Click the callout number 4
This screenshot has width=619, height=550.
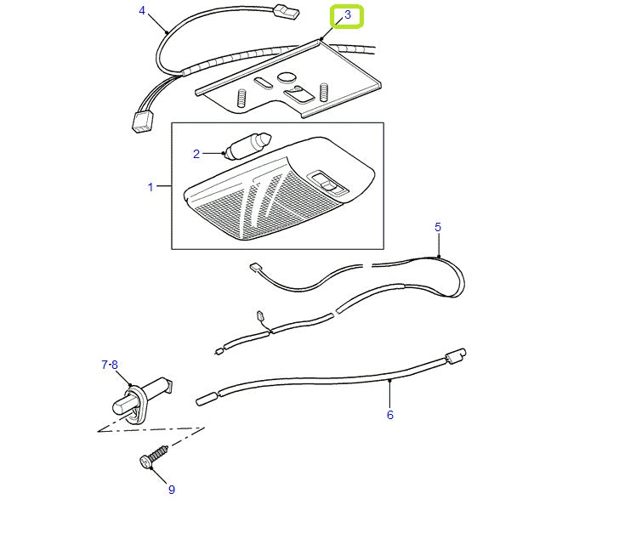click(142, 10)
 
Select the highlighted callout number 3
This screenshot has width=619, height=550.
click(347, 15)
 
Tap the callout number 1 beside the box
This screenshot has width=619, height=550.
click(151, 187)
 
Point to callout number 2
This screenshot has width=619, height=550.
click(196, 154)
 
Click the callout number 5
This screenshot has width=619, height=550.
click(438, 227)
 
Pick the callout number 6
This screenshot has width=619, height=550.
click(390, 415)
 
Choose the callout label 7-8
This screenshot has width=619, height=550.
click(110, 365)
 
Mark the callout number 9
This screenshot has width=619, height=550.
click(171, 490)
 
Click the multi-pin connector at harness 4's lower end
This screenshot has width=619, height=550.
click(141, 122)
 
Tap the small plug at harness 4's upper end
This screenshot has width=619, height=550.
click(286, 13)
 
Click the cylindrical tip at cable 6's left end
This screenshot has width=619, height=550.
click(207, 397)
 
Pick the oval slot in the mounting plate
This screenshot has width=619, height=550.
click(264, 81)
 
